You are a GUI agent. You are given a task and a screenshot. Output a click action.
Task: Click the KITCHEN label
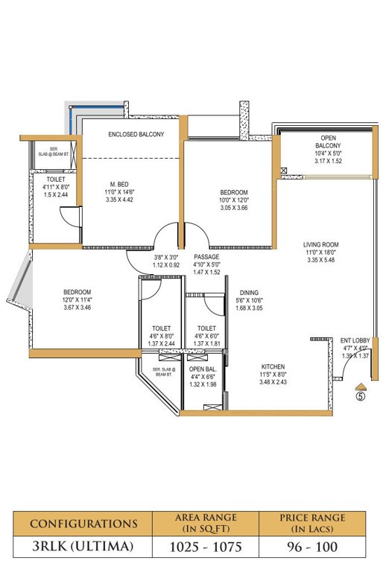272,366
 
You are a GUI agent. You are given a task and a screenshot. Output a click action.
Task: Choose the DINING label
249,293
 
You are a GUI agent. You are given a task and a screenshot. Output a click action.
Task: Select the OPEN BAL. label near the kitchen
202,369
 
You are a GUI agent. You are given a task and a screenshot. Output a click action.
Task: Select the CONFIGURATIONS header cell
83,523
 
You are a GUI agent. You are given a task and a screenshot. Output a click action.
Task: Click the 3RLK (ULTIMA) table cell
83,547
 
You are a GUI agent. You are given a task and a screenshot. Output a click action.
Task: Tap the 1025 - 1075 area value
205,547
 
